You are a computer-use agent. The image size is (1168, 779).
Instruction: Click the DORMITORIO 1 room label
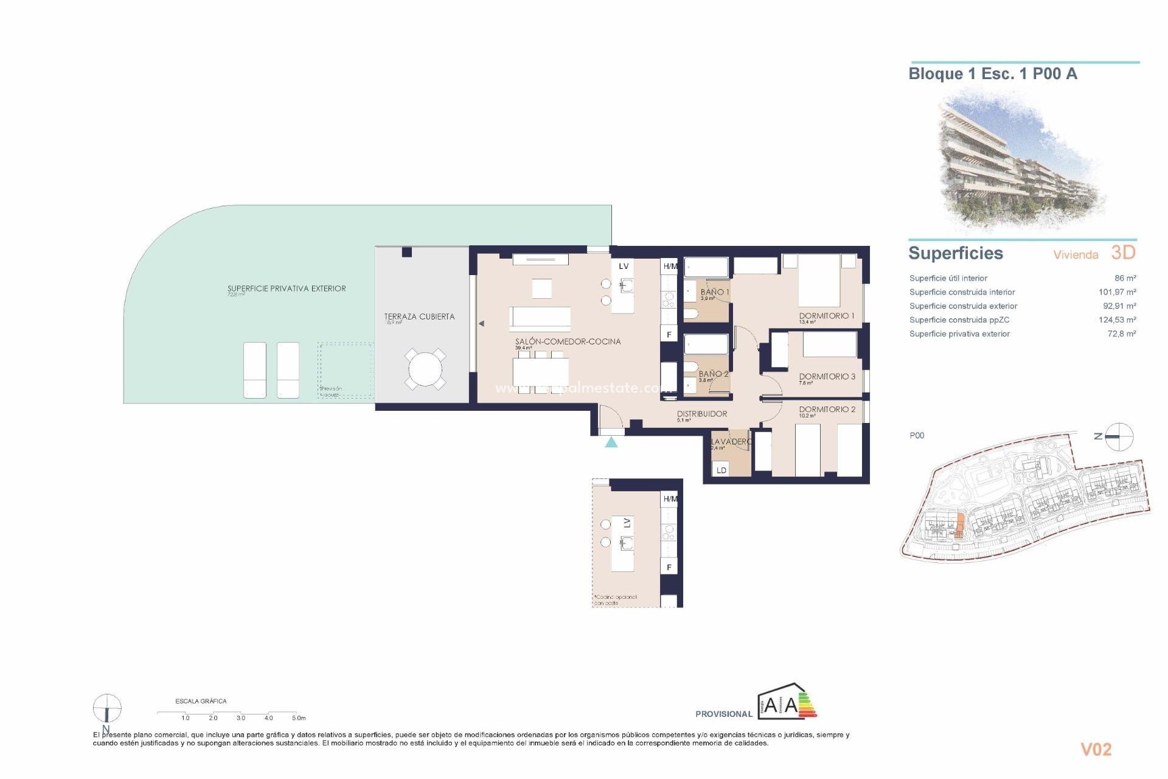click(826, 316)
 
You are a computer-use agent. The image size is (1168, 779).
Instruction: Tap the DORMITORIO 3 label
click(827, 377)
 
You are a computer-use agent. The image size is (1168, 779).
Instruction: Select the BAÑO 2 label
click(713, 374)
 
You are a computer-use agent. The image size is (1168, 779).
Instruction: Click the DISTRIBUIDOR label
click(702, 414)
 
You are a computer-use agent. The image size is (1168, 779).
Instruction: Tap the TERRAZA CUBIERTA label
click(419, 316)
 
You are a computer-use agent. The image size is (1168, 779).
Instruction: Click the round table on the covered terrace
click(425, 369)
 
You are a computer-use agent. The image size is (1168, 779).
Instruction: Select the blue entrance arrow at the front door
click(611, 442)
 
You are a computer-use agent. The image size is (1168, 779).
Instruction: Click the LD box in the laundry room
click(721, 470)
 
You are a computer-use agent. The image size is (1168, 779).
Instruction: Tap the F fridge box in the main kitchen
click(669, 335)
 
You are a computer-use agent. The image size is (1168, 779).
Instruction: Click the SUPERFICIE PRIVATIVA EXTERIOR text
click(287, 288)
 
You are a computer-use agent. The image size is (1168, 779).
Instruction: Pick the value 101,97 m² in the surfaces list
click(1117, 292)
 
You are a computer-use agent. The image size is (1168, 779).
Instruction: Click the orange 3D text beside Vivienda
click(1123, 253)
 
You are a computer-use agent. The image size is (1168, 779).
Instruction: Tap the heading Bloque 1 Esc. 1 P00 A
click(992, 74)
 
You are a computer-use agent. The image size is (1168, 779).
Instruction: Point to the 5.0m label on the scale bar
click(299, 718)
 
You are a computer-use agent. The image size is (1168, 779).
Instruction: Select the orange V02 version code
click(1096, 750)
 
